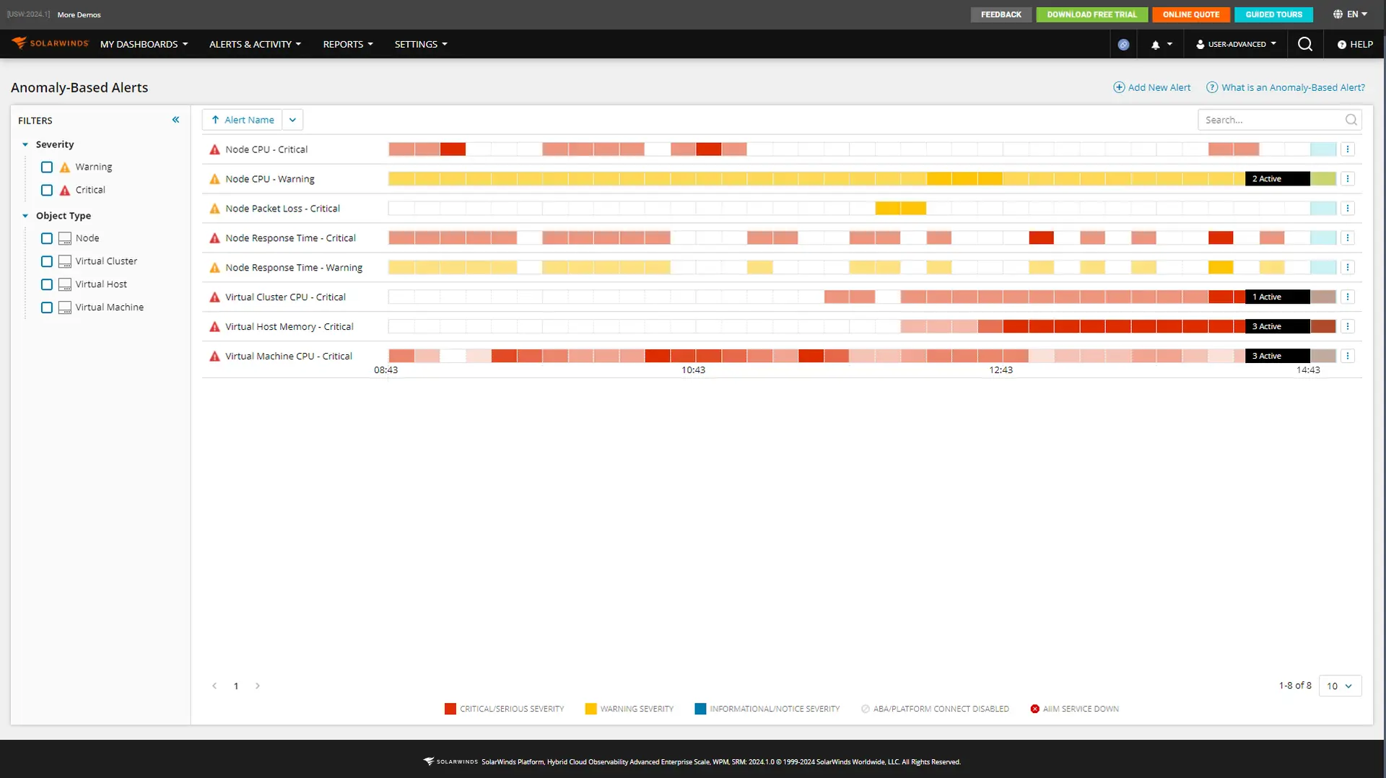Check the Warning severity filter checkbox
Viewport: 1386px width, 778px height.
click(x=47, y=167)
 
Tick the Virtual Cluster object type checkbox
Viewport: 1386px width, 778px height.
click(x=47, y=261)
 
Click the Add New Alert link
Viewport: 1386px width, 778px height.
click(x=1152, y=87)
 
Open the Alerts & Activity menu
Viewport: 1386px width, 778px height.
click(x=255, y=44)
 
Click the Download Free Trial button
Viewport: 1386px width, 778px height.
click(x=1091, y=14)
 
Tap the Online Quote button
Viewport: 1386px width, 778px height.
click(x=1190, y=14)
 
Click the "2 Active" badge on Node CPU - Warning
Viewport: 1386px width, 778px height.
click(x=1276, y=179)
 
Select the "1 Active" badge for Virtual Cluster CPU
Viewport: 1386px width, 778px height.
click(x=1276, y=297)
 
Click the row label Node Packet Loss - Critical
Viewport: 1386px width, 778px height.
click(x=282, y=209)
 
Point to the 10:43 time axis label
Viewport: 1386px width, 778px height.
click(x=693, y=370)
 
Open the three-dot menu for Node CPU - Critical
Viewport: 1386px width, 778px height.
click(x=1347, y=149)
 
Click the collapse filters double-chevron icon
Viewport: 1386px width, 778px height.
click(x=175, y=120)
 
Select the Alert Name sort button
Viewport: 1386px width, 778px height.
click(x=243, y=120)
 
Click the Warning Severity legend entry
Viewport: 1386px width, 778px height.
click(x=629, y=709)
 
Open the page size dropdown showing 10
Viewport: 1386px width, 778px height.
click(x=1339, y=686)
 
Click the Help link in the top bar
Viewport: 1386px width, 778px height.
click(x=1355, y=44)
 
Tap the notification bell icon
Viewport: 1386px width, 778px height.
click(x=1156, y=45)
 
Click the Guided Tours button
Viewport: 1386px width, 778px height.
click(x=1273, y=14)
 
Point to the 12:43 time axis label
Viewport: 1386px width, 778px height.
click(x=1001, y=370)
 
